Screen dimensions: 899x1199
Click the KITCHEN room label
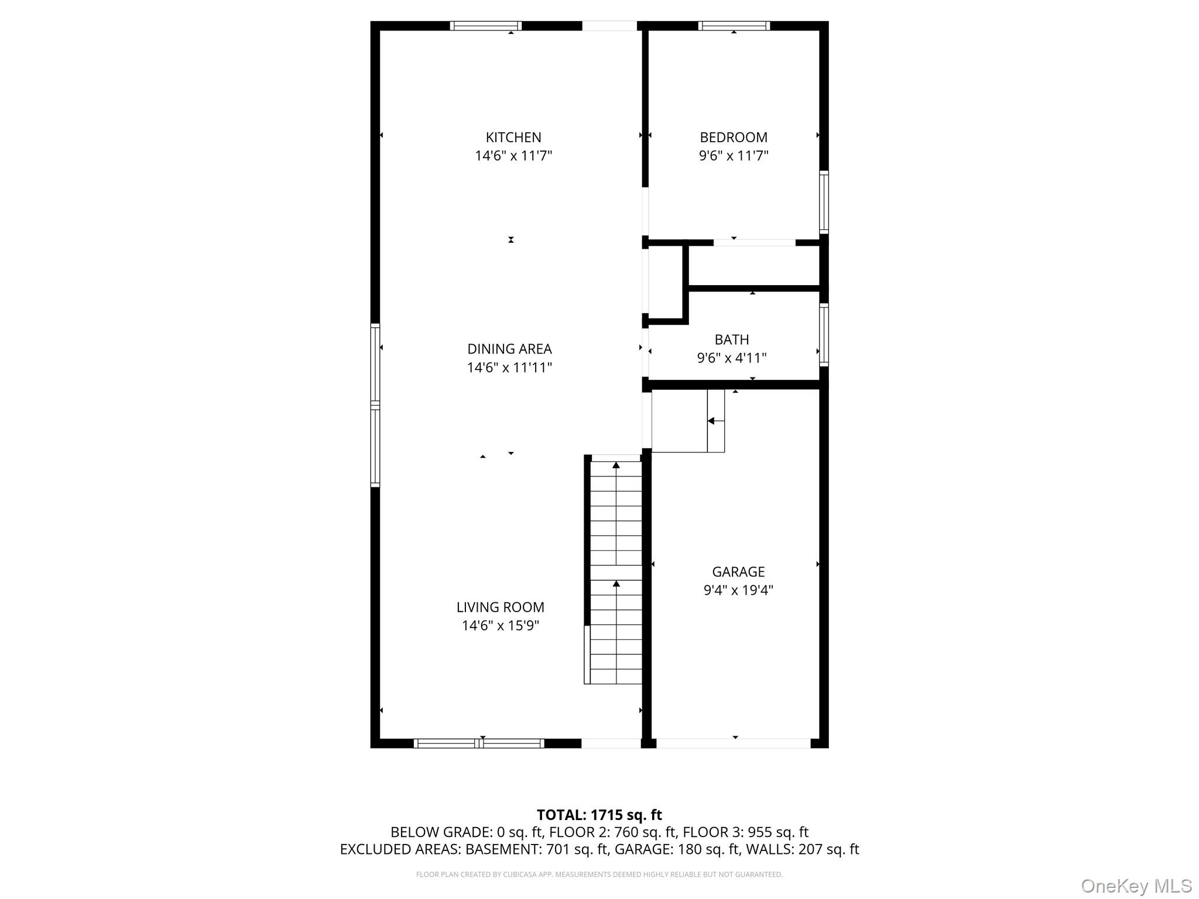[x=513, y=138]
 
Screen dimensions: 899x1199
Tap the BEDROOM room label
[x=734, y=138]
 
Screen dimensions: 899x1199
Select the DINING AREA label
[x=509, y=349]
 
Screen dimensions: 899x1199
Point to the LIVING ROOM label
[x=501, y=607]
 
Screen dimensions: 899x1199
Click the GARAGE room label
[x=738, y=571]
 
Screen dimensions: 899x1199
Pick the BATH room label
[x=732, y=339]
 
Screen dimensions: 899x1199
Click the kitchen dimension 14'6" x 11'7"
[x=513, y=156]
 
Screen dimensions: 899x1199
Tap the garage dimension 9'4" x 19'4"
[x=738, y=590]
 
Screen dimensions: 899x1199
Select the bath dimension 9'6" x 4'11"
[x=732, y=358]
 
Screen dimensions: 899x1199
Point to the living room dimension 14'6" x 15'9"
[x=501, y=626]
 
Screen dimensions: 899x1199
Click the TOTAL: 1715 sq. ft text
[x=599, y=815]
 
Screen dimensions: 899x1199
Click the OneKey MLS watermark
[x=1136, y=886]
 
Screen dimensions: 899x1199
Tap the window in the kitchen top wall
[x=485, y=26]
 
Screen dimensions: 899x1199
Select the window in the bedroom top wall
[x=734, y=26]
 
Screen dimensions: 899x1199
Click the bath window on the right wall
[x=824, y=335]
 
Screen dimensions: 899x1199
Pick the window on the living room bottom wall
[x=479, y=743]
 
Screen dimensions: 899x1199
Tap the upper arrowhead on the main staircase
[x=616, y=465]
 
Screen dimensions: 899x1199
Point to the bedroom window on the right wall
[x=824, y=202]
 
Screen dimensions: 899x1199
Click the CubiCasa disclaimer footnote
[x=599, y=874]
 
